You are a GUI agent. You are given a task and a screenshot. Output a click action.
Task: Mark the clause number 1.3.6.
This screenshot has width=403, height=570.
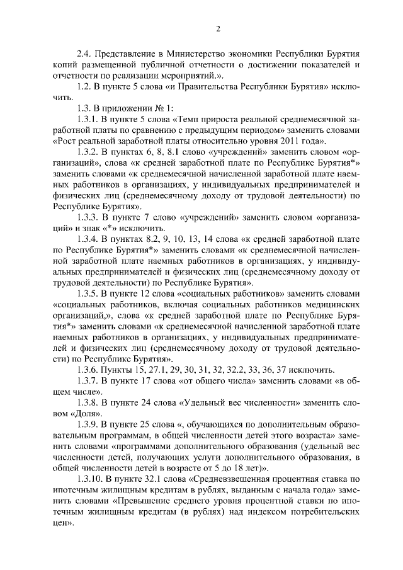88,369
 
